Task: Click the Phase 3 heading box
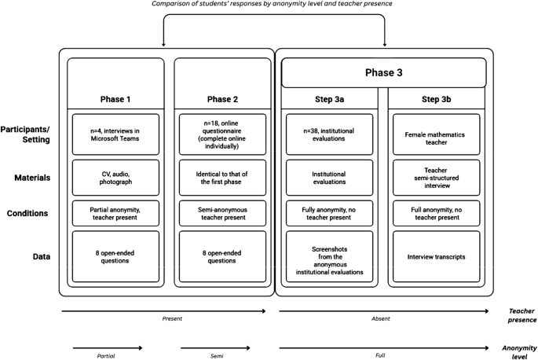coord(385,72)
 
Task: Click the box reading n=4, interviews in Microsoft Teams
coord(115,134)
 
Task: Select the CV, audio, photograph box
coord(115,177)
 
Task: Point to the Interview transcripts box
coord(436,255)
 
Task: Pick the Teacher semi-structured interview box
coord(436,177)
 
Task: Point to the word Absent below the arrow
coord(380,320)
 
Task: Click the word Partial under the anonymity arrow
coord(105,355)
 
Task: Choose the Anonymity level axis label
coord(519,351)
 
